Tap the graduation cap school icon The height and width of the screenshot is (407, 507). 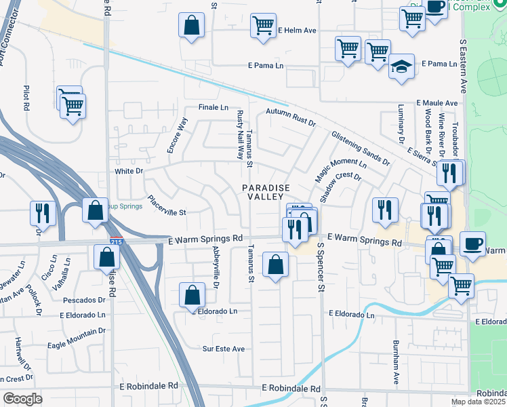click(401, 67)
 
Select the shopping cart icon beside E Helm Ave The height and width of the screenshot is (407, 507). click(262, 26)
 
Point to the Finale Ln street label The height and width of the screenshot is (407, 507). click(214, 107)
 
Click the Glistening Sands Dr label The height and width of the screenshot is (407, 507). click(361, 149)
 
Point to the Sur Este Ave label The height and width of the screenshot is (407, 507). click(224, 349)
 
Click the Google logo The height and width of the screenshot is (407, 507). click(22, 399)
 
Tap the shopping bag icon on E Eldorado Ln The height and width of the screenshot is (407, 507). click(192, 295)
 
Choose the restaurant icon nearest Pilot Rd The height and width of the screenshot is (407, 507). click(43, 212)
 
